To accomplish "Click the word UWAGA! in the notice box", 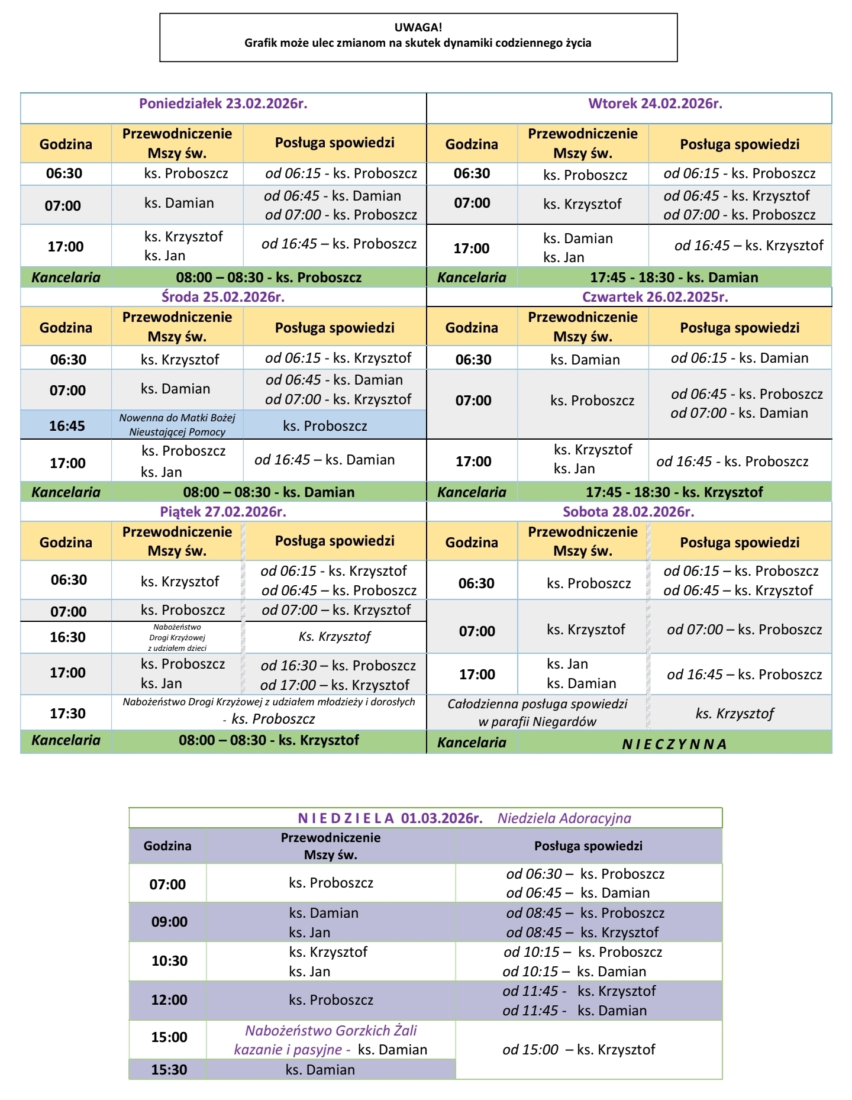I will tap(418, 27).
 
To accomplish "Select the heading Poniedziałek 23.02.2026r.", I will tap(223, 104).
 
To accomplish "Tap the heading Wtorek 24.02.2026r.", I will tap(655, 104).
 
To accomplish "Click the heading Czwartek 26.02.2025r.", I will tap(655, 297).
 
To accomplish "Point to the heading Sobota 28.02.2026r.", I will tap(628, 512).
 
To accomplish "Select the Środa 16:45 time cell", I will tap(67, 426).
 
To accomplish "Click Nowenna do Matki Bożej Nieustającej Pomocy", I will tap(177, 425).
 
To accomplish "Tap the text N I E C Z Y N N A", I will tap(674, 744).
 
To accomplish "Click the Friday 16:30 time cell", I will tap(67, 637).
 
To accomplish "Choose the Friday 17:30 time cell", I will tap(67, 714).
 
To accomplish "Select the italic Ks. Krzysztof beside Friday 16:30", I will tap(335, 637).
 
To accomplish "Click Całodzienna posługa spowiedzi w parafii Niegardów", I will tap(537, 712).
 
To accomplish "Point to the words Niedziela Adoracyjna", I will tap(564, 818).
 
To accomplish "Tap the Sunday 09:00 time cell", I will tap(169, 922).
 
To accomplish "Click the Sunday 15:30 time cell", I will tap(169, 1070).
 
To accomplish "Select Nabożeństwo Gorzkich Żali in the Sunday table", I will tap(331, 1031).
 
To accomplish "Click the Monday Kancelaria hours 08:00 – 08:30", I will tap(269, 278).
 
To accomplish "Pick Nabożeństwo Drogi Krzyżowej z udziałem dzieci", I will tap(177, 637).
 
